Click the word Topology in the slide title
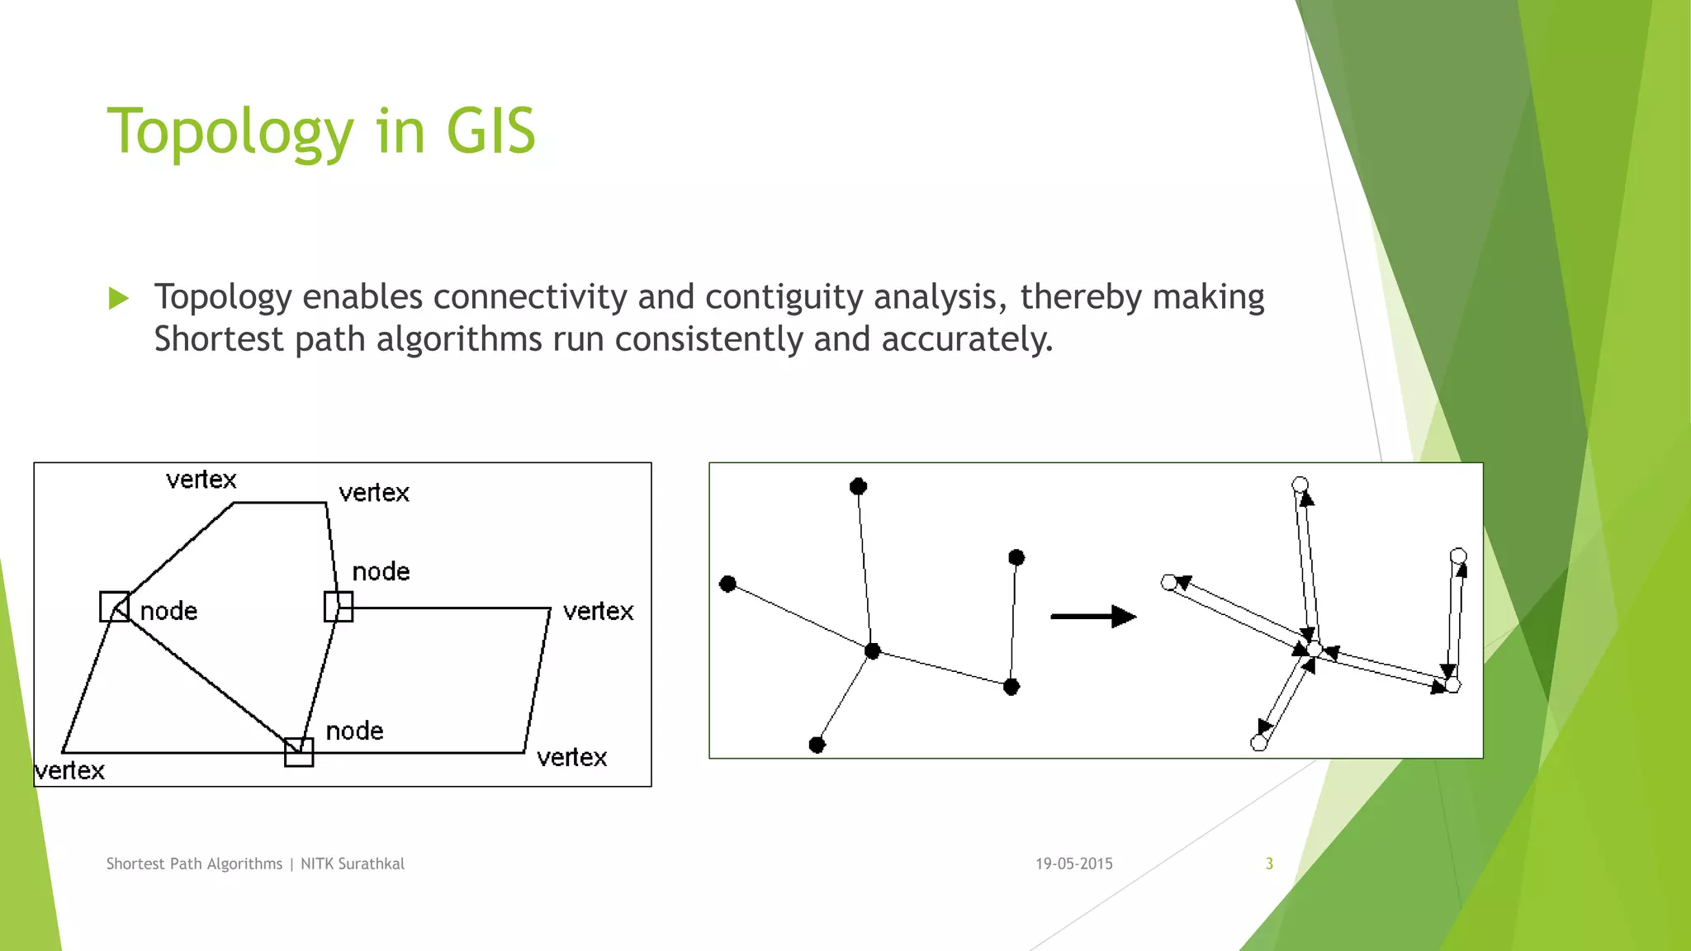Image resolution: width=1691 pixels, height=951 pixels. (230, 132)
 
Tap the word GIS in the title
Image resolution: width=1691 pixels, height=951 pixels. (490, 132)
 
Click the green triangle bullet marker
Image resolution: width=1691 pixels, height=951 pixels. (119, 298)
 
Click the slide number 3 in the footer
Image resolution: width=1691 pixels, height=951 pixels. (1269, 863)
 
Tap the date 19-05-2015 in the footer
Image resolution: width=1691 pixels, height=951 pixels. (1073, 863)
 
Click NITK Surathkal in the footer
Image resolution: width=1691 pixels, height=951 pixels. (353, 863)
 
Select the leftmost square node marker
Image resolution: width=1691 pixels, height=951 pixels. (114, 607)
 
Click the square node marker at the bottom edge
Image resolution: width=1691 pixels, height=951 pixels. (299, 752)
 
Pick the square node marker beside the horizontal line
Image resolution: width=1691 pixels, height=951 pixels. (339, 607)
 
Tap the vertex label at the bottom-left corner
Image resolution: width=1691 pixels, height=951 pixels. (70, 771)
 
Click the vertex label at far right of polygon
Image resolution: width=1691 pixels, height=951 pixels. (598, 612)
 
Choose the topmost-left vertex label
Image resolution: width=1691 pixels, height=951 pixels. (201, 480)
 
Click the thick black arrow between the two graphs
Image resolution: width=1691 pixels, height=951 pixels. (1092, 616)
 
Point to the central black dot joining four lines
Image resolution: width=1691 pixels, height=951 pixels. (873, 651)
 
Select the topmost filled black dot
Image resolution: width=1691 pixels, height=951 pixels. (858, 486)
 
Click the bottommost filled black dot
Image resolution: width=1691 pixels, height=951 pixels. (817, 745)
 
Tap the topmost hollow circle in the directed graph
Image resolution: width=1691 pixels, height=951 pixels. (1300, 485)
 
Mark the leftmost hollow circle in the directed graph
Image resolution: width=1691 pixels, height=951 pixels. (1169, 583)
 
